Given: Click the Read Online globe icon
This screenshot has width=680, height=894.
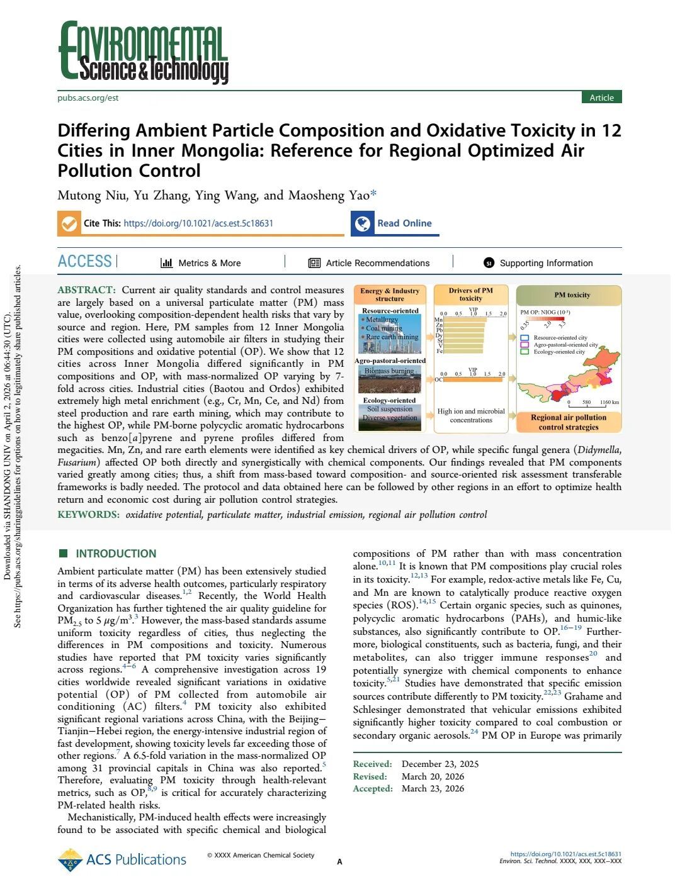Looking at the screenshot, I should click(x=362, y=223).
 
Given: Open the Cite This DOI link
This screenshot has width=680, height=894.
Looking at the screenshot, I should click(x=198, y=223).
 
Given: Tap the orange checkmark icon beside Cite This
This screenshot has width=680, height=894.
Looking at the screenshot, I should click(x=68, y=223).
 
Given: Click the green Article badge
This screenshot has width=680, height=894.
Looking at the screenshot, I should click(x=601, y=98).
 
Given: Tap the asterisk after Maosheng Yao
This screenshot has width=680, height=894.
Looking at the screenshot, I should click(x=373, y=194).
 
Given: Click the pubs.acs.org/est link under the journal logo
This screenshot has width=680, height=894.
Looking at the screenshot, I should click(x=88, y=98).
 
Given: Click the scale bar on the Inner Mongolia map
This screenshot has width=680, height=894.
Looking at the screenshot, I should click(x=592, y=398).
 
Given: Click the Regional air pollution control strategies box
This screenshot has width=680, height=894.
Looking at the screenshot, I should click(x=569, y=422).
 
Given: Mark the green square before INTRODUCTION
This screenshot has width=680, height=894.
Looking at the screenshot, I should click(x=63, y=554).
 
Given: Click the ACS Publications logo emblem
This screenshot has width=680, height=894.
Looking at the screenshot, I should click(x=70, y=860).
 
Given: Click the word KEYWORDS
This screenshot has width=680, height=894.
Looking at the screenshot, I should click(x=88, y=515).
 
